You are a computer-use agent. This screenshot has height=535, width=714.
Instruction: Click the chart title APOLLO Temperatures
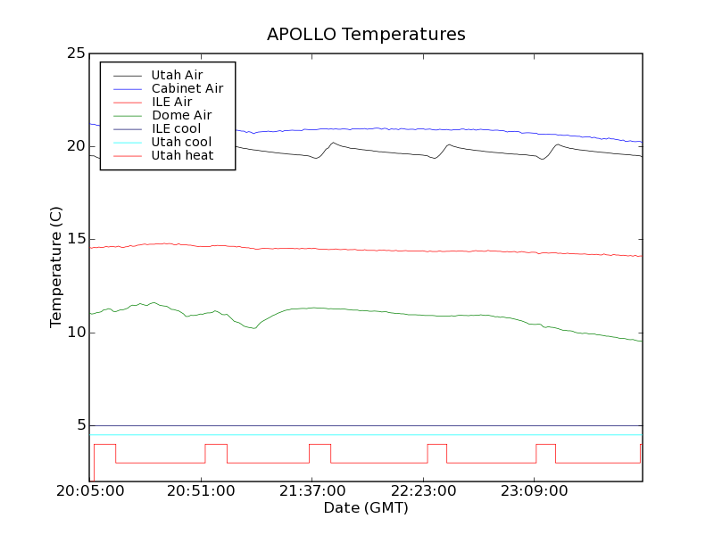tap(366, 35)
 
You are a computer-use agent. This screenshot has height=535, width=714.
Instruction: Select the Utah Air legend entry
tap(177, 75)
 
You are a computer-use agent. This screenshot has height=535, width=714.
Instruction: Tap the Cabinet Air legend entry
tap(187, 88)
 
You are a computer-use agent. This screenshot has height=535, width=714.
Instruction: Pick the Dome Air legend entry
tap(181, 115)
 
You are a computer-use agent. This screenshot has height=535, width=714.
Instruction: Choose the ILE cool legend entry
tap(176, 128)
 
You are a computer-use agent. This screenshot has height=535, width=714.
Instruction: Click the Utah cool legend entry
tap(181, 142)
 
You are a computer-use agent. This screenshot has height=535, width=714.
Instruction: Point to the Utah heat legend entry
tap(181, 155)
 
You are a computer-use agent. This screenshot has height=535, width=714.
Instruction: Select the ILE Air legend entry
tap(171, 102)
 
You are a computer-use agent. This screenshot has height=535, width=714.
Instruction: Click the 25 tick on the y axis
tap(76, 53)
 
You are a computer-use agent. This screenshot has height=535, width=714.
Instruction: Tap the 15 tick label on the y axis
tap(76, 239)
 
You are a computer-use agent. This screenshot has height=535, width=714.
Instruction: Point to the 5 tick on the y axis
tap(80, 425)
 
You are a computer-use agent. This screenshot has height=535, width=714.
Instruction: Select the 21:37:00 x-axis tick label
tap(311, 491)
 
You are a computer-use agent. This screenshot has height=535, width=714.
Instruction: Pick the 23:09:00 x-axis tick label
tap(534, 491)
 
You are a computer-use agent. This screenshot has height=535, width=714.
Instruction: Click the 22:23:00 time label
tap(423, 491)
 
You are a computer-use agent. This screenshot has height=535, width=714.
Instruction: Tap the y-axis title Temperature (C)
tap(56, 267)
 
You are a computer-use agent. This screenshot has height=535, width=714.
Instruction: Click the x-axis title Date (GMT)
tap(366, 508)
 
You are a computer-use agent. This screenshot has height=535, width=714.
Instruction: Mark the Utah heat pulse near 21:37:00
tap(320, 444)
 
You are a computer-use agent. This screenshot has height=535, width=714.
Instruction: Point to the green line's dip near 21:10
tap(253, 328)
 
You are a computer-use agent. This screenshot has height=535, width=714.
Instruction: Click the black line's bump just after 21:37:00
tap(333, 143)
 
